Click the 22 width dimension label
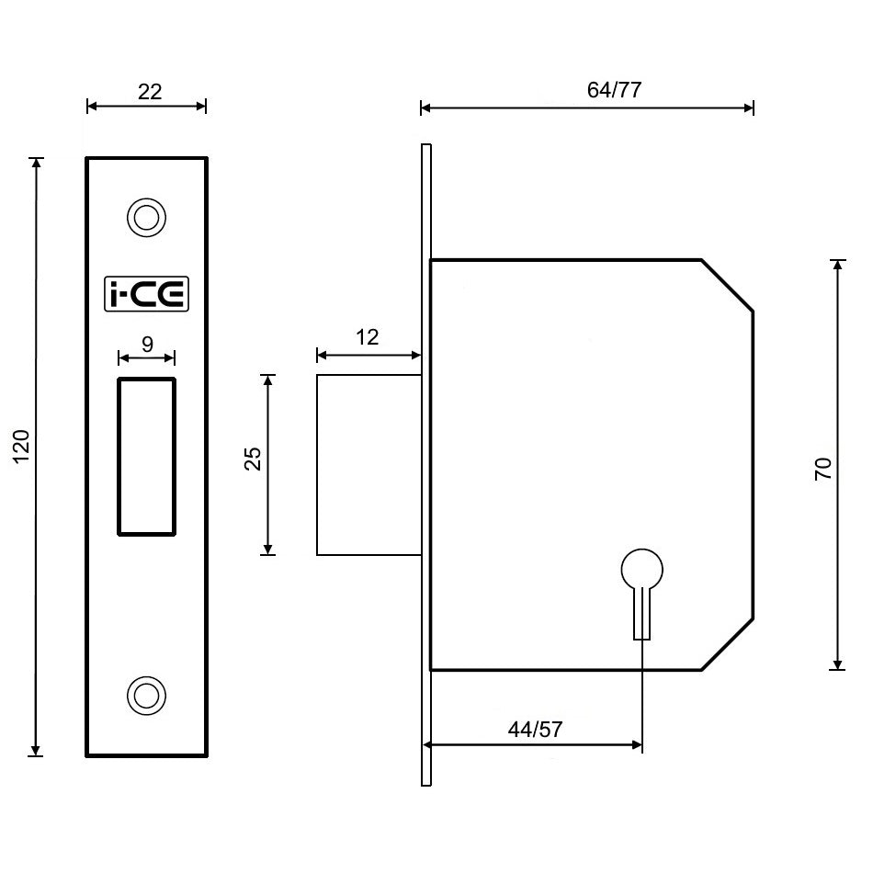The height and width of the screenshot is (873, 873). (149, 91)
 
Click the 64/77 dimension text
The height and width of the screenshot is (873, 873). (613, 90)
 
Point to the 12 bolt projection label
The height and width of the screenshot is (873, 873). (367, 337)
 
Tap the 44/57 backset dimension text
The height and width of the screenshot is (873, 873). (535, 730)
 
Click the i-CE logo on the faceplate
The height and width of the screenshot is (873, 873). (146, 294)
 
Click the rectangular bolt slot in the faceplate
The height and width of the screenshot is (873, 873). (146, 455)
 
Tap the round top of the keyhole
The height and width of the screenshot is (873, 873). (642, 570)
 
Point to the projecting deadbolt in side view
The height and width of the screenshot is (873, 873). (368, 465)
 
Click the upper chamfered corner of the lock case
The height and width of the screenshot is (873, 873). (728, 286)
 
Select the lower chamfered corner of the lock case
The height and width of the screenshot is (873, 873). (728, 644)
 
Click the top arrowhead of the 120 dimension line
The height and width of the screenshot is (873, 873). (37, 164)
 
